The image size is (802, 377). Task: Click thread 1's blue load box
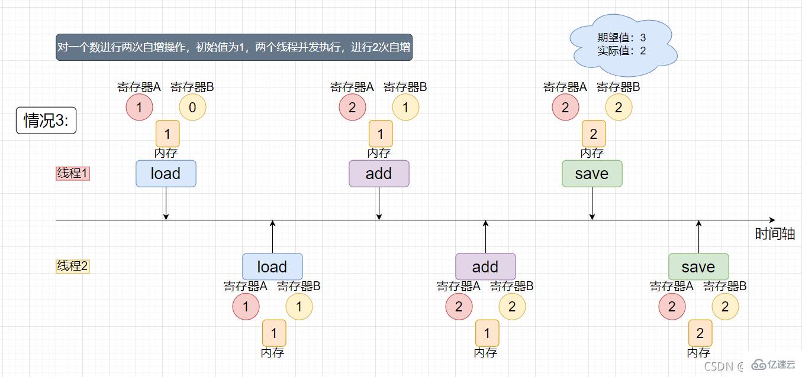point(166,174)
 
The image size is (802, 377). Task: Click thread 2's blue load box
point(272,266)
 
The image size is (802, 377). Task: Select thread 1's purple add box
point(379,174)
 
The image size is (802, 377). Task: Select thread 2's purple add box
point(485,266)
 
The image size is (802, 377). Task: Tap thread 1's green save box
point(592,174)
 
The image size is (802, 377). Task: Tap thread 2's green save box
point(698,266)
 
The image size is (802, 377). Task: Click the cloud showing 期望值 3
point(623,45)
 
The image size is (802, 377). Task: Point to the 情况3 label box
point(46,120)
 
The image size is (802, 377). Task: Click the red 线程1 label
point(72,173)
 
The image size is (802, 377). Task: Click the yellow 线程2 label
point(72,266)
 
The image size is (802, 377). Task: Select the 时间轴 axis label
point(774,234)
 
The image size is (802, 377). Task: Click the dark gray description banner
point(234,47)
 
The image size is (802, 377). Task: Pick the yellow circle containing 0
point(192,108)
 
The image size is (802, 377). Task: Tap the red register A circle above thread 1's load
point(139,108)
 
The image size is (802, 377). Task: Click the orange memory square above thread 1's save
point(594,134)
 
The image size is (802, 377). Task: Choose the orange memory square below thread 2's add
point(487,333)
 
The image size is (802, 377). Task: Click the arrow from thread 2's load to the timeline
point(272,237)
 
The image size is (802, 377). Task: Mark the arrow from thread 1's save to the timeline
point(592,203)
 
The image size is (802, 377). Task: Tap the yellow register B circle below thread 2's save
point(725,307)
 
